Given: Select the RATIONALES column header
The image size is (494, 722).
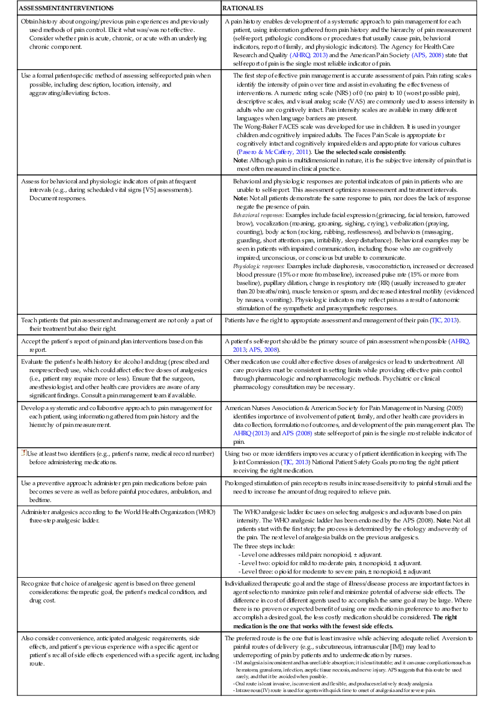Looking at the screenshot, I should (x=243, y=9).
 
